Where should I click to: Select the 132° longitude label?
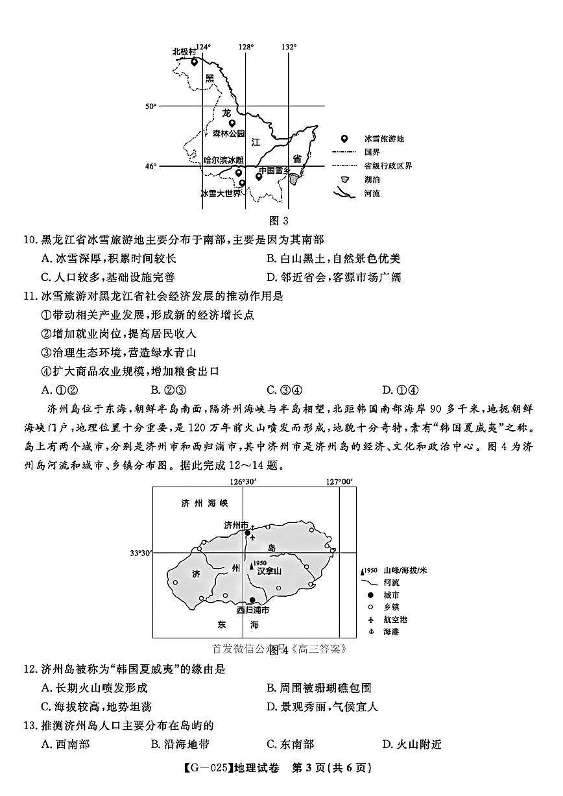point(289,47)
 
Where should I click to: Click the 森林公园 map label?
point(228,134)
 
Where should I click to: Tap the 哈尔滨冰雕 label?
point(223,160)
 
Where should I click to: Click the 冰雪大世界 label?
point(221,193)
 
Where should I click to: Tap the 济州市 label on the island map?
point(235,524)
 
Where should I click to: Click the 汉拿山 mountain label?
point(269,571)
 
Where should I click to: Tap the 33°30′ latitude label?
point(140,553)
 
